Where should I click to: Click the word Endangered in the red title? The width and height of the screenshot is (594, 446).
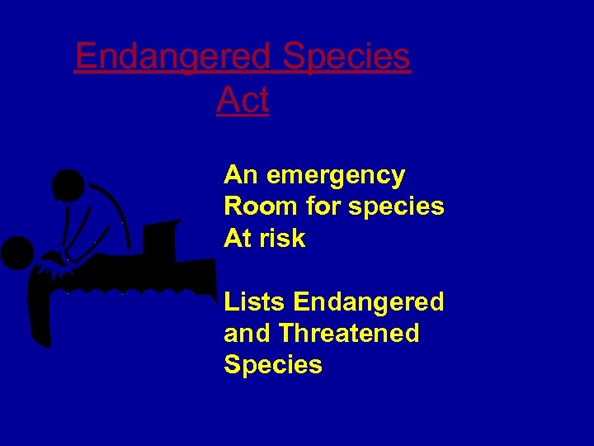tap(172, 57)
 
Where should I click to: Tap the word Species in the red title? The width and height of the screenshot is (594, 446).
tap(346, 57)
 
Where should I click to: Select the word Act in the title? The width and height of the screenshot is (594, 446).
tap(243, 100)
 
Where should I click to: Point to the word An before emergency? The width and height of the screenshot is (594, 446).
tap(240, 175)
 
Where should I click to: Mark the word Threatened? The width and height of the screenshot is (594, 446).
tap(349, 334)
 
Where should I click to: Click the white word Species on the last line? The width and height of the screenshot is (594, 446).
tap(273, 365)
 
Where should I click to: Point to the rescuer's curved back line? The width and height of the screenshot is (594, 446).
tap(115, 202)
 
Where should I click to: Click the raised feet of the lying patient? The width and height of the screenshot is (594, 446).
tap(161, 235)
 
